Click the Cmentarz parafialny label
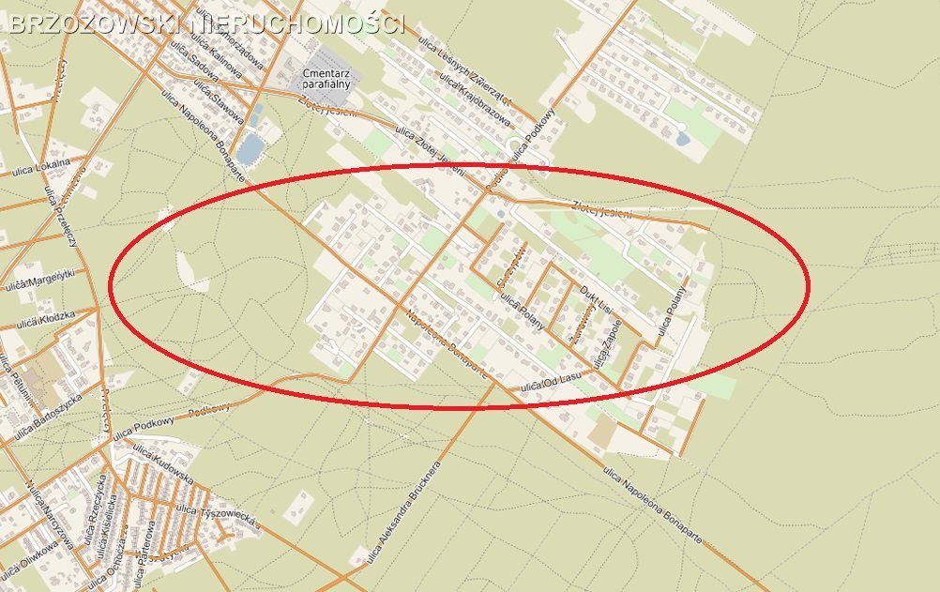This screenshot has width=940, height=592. point(326,79)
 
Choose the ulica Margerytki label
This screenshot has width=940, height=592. point(42,280)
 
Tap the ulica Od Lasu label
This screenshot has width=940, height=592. point(551,381)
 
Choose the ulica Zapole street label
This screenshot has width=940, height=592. point(603,345)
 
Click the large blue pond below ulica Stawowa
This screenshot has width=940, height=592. point(250,148)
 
